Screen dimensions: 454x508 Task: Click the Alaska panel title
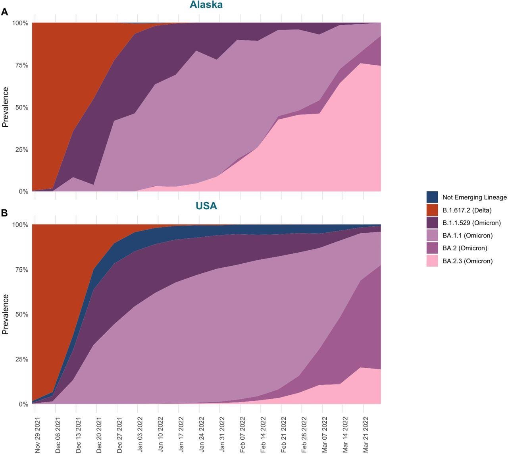[206, 5]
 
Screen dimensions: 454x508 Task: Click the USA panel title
[206, 206]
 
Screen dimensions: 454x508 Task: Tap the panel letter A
[5, 12]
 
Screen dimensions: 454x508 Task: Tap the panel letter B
[5, 213]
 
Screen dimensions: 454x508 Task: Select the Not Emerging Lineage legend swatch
[432, 197]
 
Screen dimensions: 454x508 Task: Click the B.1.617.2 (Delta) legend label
[467, 210]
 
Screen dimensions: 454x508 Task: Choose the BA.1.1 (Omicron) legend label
[467, 236]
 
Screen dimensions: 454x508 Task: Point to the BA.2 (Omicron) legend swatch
[432, 248]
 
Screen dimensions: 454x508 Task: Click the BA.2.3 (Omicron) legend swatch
[432, 261]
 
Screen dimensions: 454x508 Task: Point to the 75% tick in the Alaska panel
[20, 66]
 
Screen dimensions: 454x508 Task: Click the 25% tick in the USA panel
[20, 359]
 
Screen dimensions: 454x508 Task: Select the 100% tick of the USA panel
[19, 225]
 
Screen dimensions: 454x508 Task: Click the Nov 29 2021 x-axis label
[37, 435]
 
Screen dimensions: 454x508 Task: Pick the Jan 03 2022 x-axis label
[140, 435]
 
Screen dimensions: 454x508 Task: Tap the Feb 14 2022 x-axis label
[263, 435]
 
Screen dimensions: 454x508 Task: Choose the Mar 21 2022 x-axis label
[366, 435]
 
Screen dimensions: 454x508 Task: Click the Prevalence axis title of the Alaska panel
[5, 107]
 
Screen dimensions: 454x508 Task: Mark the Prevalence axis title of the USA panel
[5, 314]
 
